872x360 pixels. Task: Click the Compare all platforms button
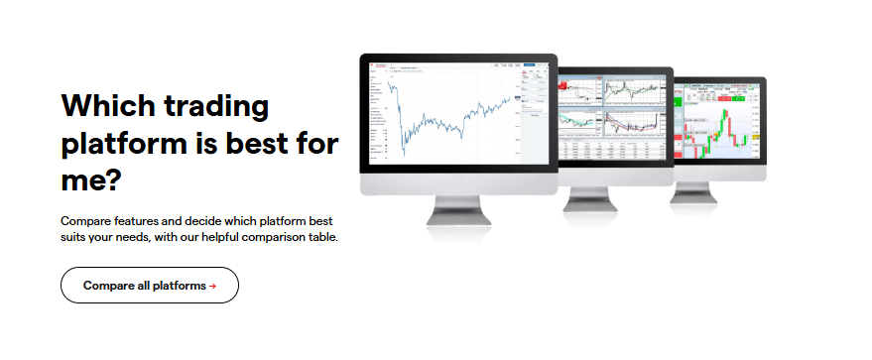tap(149, 285)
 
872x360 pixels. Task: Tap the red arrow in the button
tap(212, 286)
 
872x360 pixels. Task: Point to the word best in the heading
tap(263, 144)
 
